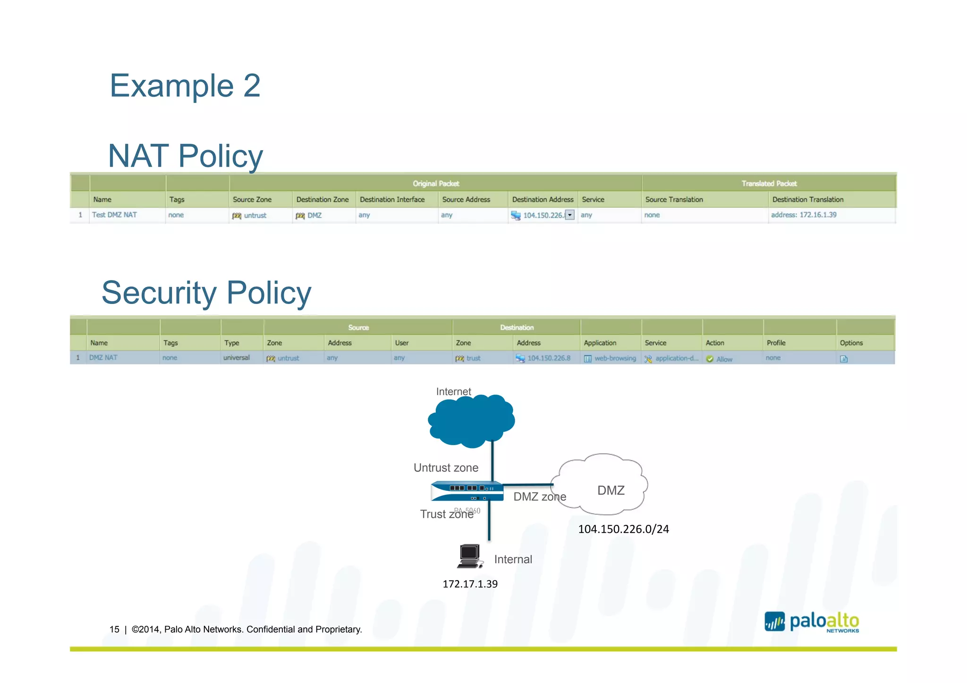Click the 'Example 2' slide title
pos(185,86)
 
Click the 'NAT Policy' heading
pos(186,156)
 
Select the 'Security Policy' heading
pos(206,293)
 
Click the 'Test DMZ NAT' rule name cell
pos(114,215)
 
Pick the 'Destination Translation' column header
pos(807,200)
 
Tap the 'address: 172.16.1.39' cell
pos(804,215)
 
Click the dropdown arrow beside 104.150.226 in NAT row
pos(570,215)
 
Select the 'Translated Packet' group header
pos(769,184)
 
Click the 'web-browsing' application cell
pos(615,358)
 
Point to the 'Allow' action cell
pos(724,359)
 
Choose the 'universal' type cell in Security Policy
pos(237,358)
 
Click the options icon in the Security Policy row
pos(844,359)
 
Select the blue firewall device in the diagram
pos(467,491)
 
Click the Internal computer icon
pos(470,556)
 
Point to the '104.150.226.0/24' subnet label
pos(623,529)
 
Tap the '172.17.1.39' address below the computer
pos(470,584)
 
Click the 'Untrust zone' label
pos(446,468)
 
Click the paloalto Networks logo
pos(812,622)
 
